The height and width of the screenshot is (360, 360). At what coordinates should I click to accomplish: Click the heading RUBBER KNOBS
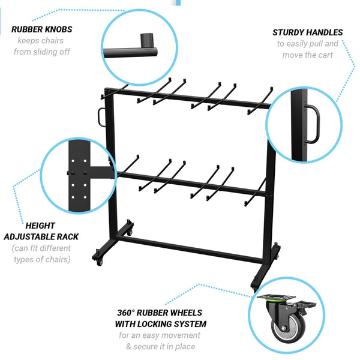pos(42,29)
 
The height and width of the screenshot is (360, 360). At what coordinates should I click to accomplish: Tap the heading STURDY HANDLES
pos(308,32)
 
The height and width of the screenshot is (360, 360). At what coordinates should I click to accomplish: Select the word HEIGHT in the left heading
pos(40,226)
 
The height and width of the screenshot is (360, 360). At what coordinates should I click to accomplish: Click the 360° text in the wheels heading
pos(125,313)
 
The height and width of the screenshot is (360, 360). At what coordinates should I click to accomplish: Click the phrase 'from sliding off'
pos(42,52)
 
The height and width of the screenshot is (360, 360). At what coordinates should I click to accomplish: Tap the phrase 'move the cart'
pos(307,55)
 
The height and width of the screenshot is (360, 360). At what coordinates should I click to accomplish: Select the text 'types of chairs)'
pos(42,259)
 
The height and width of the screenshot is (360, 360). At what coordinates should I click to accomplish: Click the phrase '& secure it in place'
pos(160,346)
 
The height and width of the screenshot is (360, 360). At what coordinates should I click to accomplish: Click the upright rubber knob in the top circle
pos(147,40)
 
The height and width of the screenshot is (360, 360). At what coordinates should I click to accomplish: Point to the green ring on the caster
pos(275,300)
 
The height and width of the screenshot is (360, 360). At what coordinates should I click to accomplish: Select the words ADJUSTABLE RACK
pos(41,237)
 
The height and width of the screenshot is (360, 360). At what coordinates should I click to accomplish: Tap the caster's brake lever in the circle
pos(307,305)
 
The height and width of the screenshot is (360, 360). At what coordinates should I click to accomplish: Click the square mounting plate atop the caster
pos(276,296)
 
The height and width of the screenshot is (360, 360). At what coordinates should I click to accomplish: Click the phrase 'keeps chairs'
pos(40,41)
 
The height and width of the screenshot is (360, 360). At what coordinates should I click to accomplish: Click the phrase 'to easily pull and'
pos(308,44)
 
